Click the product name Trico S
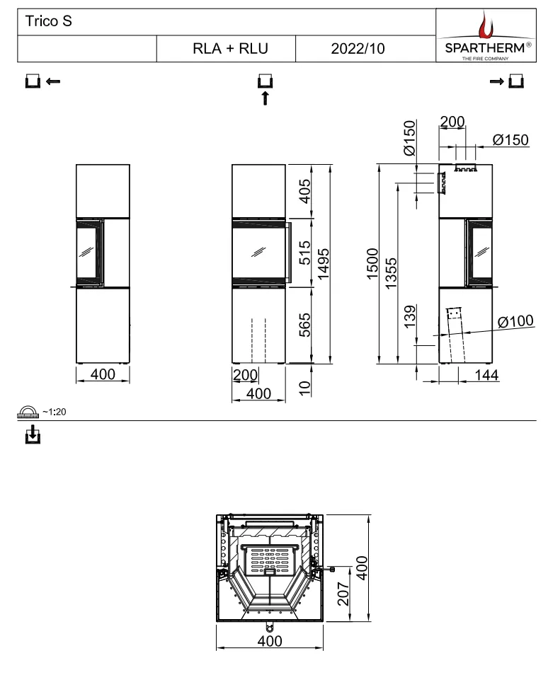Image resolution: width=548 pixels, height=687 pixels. [x=48, y=21]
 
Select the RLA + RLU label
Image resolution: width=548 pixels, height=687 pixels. [x=230, y=49]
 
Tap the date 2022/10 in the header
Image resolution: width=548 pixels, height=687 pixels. [x=358, y=49]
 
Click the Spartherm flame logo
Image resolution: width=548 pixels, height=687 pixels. [x=486, y=25]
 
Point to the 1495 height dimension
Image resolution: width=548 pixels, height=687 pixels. [x=324, y=264]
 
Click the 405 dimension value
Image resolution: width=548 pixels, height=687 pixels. [x=304, y=191]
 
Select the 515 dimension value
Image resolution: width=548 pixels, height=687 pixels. [x=304, y=253]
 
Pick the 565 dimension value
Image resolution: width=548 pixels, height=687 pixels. [x=304, y=325]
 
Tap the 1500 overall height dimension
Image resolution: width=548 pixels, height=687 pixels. [x=372, y=264]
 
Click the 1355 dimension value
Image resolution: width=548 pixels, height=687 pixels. [x=391, y=273]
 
